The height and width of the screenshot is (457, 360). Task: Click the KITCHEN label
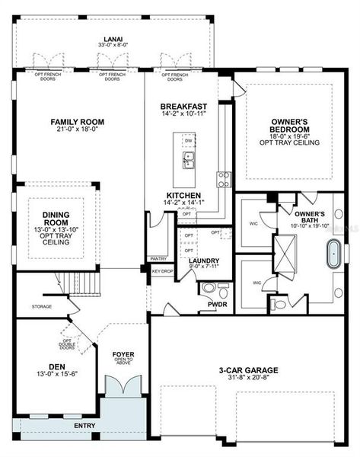[183, 196]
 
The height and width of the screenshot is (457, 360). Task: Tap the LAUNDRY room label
[204, 260]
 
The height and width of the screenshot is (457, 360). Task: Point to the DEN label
[57, 366]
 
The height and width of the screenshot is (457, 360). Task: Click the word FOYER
[123, 354]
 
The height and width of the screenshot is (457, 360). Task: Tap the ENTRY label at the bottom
[84, 425]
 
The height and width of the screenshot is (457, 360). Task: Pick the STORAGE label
[42, 306]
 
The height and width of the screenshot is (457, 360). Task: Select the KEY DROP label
[163, 271]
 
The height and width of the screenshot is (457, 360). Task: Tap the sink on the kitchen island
[187, 161]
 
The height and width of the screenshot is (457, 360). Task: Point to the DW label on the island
[187, 142]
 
